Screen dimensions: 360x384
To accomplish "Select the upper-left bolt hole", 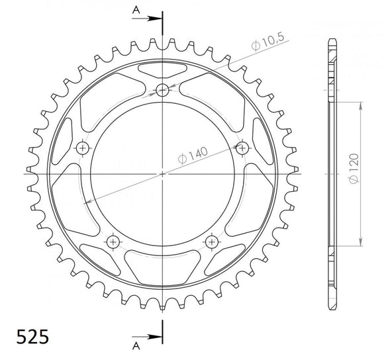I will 83,147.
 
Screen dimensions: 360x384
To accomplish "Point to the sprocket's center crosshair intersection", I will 162,174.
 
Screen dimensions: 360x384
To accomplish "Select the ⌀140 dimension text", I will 193,156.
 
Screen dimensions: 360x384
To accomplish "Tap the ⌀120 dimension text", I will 356,172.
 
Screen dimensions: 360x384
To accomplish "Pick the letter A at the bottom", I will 135,345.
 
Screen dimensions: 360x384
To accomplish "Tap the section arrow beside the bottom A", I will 151,334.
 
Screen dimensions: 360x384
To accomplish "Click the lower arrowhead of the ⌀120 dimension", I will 361,243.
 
